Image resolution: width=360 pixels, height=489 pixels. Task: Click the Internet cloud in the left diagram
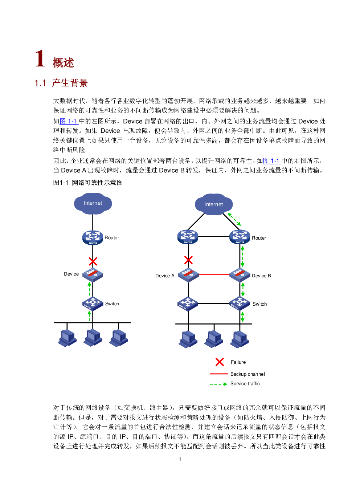tap(93, 203)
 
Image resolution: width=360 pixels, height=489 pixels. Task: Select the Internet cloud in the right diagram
tap(213, 204)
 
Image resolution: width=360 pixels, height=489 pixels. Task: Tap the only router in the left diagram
tap(93, 237)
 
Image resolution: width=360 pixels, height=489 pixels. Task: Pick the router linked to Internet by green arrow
tap(240, 237)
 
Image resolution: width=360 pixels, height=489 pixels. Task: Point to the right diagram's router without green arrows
tap(188, 237)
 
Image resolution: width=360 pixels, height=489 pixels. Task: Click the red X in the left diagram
tap(93, 261)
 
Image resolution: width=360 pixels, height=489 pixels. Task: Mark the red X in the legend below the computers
tap(220, 362)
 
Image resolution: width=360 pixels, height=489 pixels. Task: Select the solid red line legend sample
tap(219, 374)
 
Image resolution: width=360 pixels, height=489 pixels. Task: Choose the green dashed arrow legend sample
tap(218, 384)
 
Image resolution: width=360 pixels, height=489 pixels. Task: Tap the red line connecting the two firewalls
tap(214, 275)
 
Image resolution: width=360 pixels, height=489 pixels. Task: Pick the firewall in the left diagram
tap(93, 275)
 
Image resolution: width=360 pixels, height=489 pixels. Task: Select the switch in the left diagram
tap(93, 303)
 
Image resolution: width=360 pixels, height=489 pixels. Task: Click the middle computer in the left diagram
tap(93, 338)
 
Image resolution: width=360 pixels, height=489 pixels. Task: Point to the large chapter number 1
tap(40, 59)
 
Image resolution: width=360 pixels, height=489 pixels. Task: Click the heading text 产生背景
tap(70, 83)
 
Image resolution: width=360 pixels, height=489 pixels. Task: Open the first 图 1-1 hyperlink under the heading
tap(69, 121)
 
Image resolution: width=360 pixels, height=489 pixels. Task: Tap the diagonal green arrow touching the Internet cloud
tap(234, 219)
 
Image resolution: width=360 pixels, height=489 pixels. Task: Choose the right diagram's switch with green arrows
tap(240, 303)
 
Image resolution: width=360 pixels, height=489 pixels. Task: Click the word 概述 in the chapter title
tap(63, 63)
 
